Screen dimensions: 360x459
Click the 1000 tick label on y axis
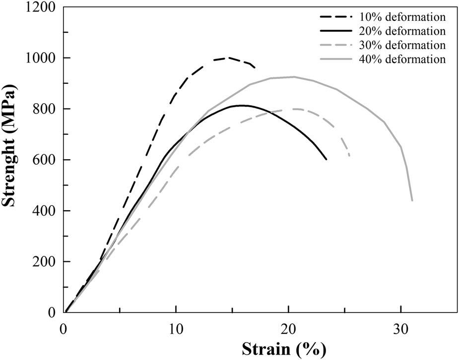41,58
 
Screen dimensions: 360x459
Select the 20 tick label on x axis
288,328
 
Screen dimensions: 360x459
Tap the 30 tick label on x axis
401,328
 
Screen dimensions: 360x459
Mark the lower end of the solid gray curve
412,201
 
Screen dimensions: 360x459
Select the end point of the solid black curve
327,159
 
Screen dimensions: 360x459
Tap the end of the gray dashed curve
350,156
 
